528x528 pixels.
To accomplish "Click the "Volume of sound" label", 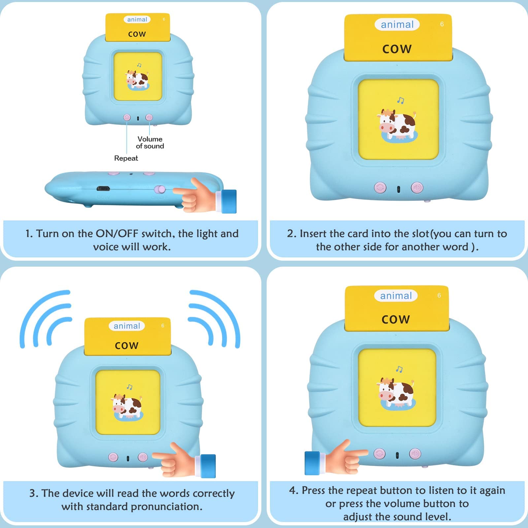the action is (x=150, y=143).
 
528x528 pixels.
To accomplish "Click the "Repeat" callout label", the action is (x=126, y=158).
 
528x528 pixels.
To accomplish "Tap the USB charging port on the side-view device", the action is (x=103, y=189).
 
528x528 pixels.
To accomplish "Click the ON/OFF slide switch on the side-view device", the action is (x=160, y=189).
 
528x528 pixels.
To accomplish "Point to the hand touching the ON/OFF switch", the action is (x=205, y=195).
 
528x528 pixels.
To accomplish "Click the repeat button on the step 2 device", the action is (x=380, y=188).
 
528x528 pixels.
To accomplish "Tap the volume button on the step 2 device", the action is (x=417, y=188).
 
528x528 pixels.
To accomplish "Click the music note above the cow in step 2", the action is (x=401, y=100).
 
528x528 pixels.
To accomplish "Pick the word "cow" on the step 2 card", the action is (x=397, y=49).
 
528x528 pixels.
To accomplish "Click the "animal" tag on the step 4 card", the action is (x=396, y=296).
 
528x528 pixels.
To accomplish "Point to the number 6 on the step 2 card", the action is (x=442, y=24).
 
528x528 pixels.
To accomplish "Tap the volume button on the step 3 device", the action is (x=143, y=457).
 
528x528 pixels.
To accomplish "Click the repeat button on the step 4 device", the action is (x=379, y=454).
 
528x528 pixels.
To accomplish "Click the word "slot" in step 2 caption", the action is (x=421, y=234).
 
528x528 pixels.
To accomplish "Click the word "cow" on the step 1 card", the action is (x=137, y=34).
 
